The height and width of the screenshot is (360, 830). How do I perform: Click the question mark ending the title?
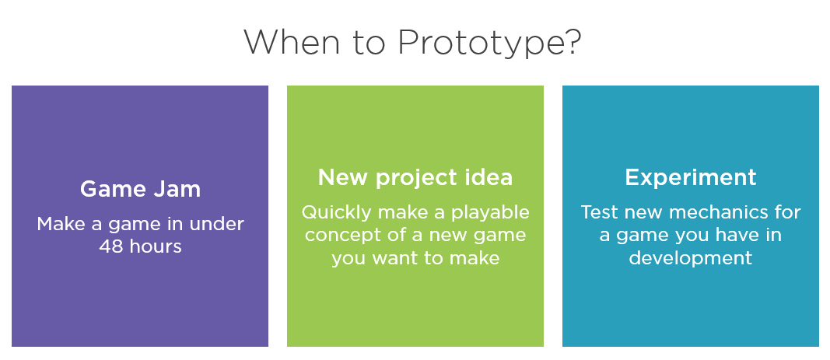(571, 42)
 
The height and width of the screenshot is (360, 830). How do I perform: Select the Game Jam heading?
(140, 188)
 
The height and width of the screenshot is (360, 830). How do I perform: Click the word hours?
(156, 246)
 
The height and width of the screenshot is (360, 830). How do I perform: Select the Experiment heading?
(690, 177)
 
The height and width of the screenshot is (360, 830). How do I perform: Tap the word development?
(690, 257)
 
